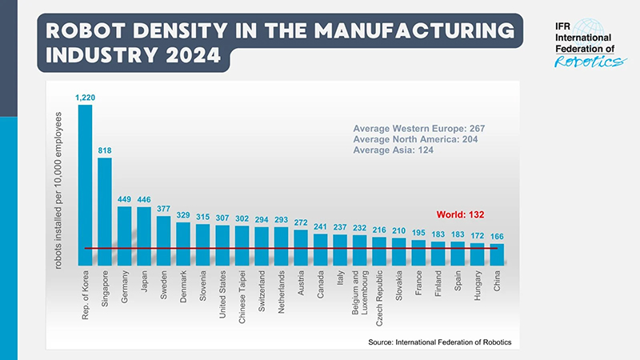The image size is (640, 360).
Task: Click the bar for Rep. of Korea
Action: pos(85,184)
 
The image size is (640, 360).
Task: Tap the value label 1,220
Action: pos(85,98)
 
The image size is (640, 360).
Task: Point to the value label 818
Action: pos(105,150)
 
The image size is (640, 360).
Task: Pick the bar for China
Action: pos(497,254)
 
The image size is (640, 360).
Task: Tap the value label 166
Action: pos(497,237)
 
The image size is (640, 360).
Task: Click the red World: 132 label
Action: pos(461,214)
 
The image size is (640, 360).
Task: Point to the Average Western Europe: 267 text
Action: pos(419,128)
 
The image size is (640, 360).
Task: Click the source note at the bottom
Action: pos(439,342)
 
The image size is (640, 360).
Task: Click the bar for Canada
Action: pos(321,250)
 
